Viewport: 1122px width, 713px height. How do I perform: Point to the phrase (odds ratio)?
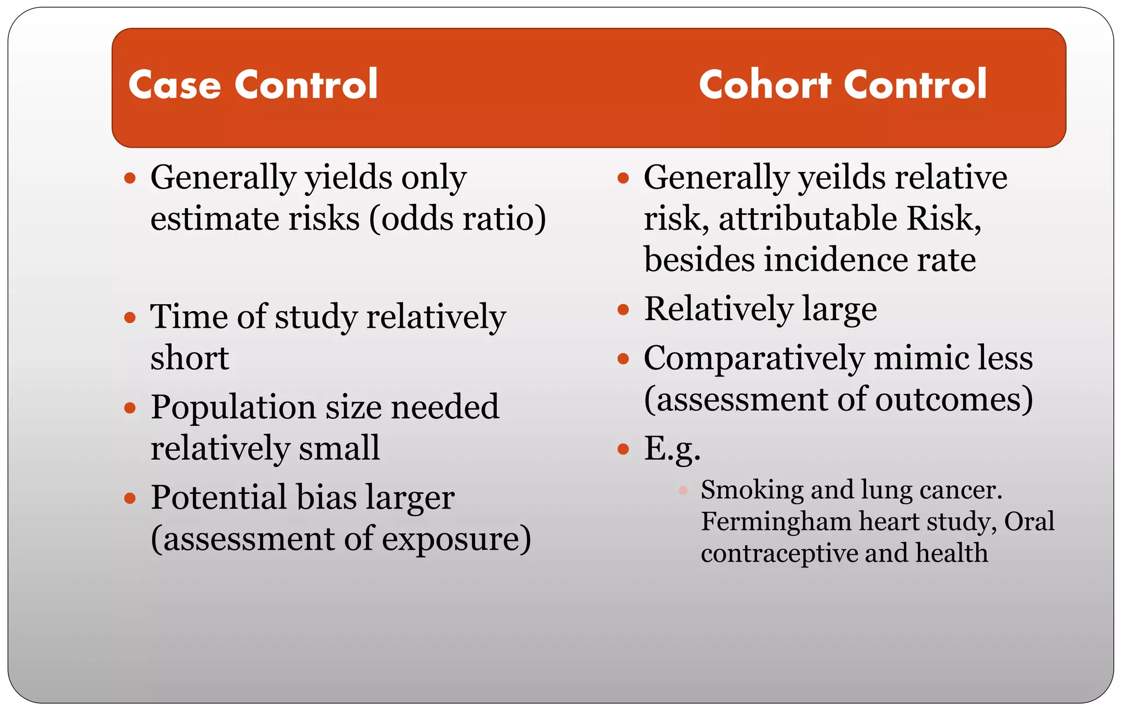[457, 219]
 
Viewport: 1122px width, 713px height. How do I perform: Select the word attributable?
[808, 219]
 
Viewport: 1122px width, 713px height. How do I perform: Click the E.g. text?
[672, 449]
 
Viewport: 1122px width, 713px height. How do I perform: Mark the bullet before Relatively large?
[623, 310]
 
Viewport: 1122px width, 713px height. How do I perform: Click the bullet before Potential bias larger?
[130, 498]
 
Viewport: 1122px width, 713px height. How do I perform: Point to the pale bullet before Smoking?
[683, 490]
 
